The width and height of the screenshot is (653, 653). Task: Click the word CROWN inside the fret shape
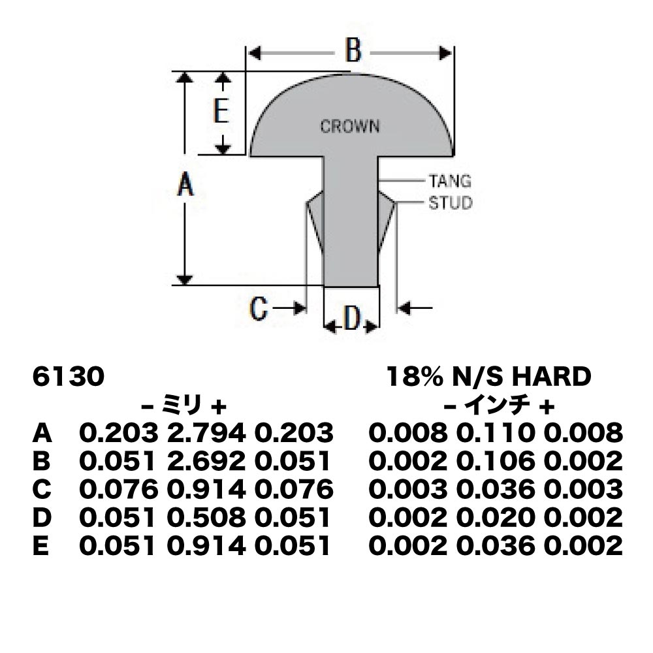350,126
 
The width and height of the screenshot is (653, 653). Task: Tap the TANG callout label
450,181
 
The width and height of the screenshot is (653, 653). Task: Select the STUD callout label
451,203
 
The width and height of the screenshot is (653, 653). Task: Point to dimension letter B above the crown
353,50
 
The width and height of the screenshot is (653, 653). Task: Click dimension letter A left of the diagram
185,185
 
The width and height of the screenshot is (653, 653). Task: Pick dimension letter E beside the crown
221,111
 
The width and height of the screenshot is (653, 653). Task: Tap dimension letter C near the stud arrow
258,309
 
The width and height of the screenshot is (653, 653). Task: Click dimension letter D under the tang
352,318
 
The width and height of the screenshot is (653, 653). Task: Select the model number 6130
69,377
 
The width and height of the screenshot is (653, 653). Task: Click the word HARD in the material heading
551,377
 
